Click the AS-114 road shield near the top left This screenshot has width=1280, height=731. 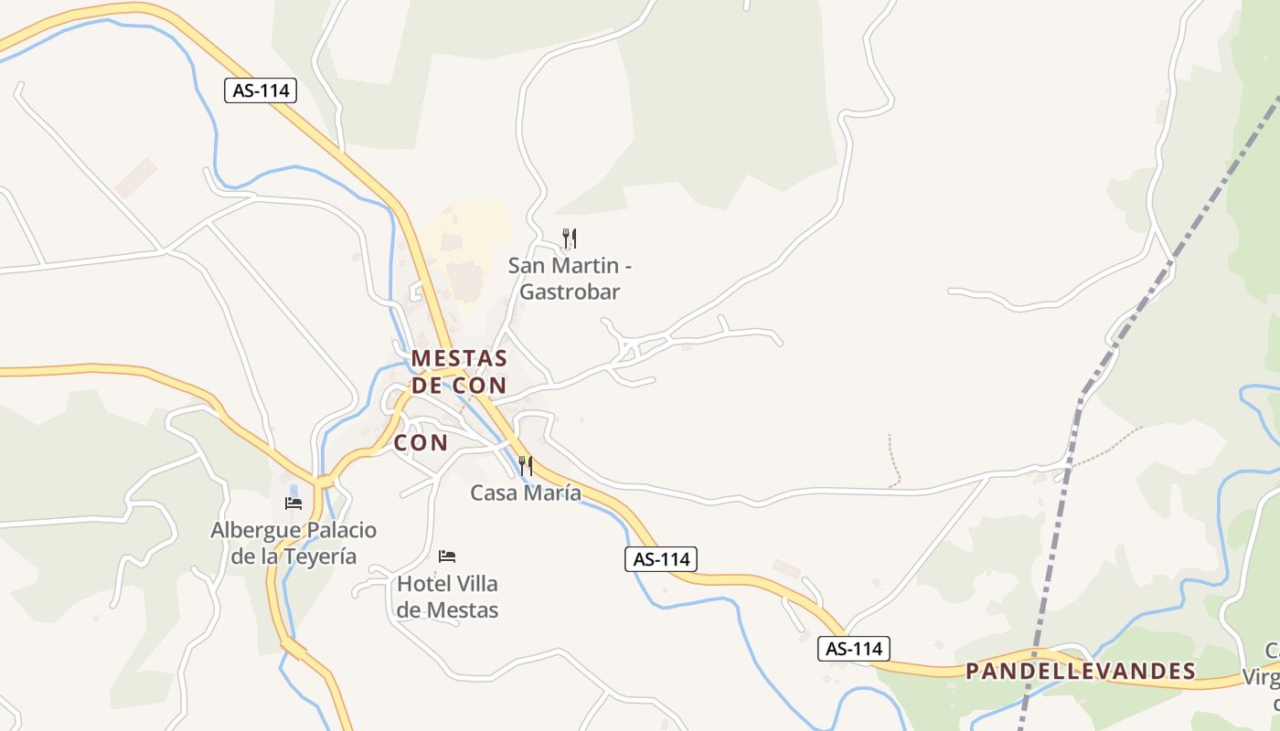point(261,90)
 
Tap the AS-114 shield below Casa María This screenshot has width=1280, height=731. point(661,559)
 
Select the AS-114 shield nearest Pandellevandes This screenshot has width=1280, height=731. point(853,649)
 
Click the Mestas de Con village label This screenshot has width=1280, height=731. point(459,371)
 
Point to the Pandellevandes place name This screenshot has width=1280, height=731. point(1081,672)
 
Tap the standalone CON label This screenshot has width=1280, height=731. point(421,443)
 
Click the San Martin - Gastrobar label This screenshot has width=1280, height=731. point(570,279)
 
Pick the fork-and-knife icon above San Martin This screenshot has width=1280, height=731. point(569,238)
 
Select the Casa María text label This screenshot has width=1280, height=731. point(525,493)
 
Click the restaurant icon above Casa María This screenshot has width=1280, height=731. point(525,465)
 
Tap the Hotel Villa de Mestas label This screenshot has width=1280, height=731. point(447,596)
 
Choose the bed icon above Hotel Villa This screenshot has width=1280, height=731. point(447,556)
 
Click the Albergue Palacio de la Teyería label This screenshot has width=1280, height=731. point(293,543)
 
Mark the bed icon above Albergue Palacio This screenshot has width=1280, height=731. point(293,503)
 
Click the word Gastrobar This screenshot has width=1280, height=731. point(570,292)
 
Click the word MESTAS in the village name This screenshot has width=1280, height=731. point(459,358)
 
